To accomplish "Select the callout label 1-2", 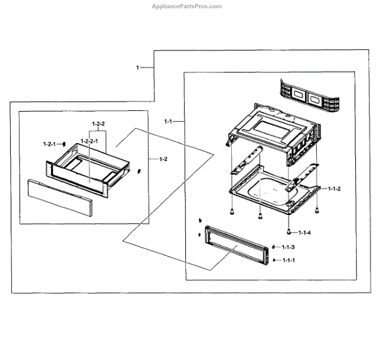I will click(x=163, y=159).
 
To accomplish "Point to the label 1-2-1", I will click(x=49, y=143).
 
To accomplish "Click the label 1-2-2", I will click(x=98, y=124).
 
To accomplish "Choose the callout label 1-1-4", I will click(x=304, y=232).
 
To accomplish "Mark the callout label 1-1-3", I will click(x=288, y=247).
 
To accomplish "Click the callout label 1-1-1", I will click(x=288, y=260).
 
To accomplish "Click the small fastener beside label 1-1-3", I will click(x=275, y=247).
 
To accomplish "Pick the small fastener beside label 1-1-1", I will click(x=275, y=260).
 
